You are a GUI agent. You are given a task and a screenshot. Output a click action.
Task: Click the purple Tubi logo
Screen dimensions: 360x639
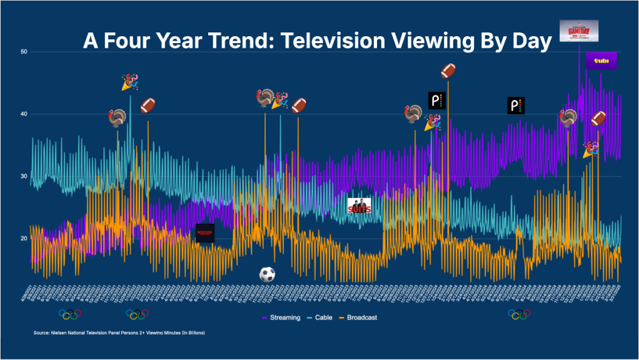tap(601, 61)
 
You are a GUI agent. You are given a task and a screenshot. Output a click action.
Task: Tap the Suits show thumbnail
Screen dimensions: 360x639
tap(360, 206)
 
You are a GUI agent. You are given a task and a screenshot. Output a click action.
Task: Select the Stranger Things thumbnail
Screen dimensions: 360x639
tap(205, 232)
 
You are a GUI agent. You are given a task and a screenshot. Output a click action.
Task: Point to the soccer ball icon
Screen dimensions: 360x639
tap(267, 274)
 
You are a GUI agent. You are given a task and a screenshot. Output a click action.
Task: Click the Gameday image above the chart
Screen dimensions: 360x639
tap(579, 31)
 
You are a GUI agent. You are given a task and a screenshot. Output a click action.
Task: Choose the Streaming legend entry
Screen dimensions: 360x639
tap(283, 317)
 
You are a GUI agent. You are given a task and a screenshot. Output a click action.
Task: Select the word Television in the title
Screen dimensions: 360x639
tap(338, 41)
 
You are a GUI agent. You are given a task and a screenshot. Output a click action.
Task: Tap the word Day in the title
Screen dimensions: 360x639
tap(532, 41)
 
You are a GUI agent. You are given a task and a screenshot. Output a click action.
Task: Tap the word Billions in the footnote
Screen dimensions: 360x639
tap(194, 333)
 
